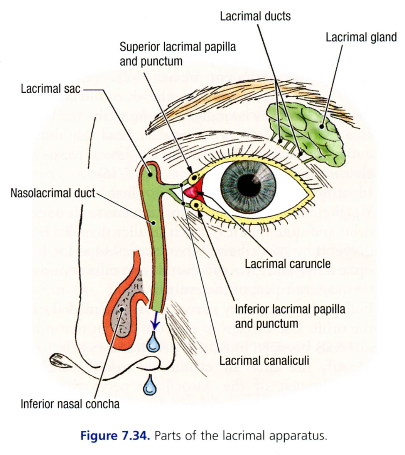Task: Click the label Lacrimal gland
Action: [361, 37]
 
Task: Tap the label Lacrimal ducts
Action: [255, 16]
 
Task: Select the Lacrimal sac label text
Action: [51, 88]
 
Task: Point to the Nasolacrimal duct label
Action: [53, 192]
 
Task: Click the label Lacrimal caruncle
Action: [288, 264]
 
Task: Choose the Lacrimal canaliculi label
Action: [264, 360]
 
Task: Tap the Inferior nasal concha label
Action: [70, 404]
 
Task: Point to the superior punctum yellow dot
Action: [194, 178]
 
